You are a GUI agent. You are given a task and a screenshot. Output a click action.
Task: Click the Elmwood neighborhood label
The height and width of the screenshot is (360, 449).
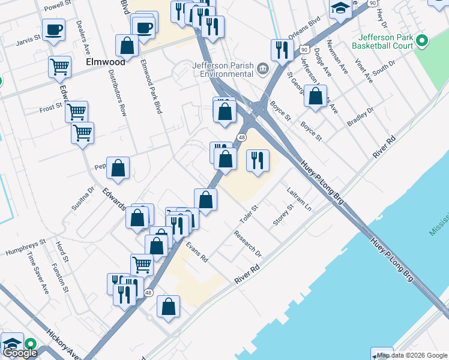click(x=105, y=61)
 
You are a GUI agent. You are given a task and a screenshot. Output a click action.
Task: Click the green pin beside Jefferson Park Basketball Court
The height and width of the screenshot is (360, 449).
click(x=422, y=41)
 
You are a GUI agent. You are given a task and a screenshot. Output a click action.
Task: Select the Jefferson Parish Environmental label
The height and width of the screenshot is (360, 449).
click(x=223, y=70)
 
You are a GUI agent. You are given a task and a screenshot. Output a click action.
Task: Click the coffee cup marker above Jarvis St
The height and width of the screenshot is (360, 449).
click(x=53, y=29)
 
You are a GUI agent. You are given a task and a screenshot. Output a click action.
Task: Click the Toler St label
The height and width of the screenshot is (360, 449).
click(x=249, y=211)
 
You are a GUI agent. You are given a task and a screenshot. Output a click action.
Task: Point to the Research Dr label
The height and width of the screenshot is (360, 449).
click(x=248, y=242)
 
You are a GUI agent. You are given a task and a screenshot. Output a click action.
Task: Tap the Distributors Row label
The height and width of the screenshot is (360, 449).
click(x=118, y=92)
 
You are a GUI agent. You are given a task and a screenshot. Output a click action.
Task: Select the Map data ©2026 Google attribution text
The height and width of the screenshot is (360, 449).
click(x=412, y=355)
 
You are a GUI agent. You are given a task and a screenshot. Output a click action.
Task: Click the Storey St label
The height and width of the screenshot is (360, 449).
click(x=283, y=214)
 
